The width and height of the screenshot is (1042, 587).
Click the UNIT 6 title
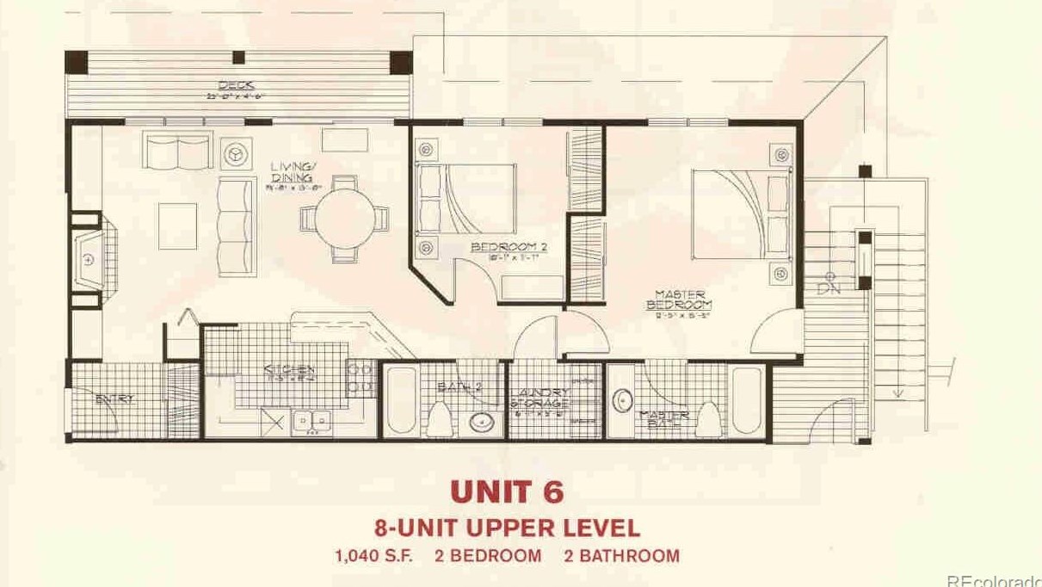pyautogui.click(x=507, y=491)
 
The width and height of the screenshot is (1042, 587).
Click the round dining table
pyautogui.click(x=344, y=220)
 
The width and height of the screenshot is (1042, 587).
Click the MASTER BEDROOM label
pyautogui.click(x=679, y=300)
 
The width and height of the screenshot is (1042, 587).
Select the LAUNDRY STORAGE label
pyautogui.click(x=539, y=399)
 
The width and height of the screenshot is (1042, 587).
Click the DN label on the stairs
pyautogui.click(x=828, y=287)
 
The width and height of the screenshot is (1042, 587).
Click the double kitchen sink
pyautogui.click(x=311, y=421)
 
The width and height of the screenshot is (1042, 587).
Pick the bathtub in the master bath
pyautogui.click(x=746, y=401)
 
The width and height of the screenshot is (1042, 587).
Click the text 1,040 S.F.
pyautogui.click(x=373, y=555)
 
